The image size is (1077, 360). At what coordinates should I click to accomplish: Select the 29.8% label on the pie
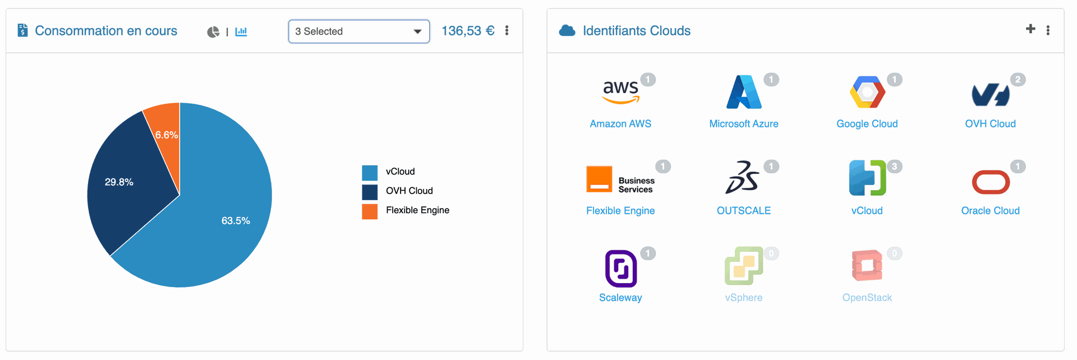point(119,182)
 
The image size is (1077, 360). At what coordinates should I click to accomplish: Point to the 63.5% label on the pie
point(236,221)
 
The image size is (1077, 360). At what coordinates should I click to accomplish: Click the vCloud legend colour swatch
point(370,173)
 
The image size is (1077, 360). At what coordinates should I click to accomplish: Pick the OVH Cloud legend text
point(409,191)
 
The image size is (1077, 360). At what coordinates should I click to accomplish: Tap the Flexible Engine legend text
point(417,210)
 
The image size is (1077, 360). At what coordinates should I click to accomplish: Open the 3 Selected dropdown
point(359,31)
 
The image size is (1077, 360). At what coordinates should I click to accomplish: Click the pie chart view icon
point(213,32)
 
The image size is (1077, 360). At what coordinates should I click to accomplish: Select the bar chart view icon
point(241,31)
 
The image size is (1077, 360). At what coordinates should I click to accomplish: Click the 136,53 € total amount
point(468,31)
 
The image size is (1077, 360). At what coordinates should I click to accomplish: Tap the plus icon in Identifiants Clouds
point(1030,29)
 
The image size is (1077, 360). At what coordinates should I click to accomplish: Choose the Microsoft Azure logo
point(744,92)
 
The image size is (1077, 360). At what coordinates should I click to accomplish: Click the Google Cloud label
point(867,124)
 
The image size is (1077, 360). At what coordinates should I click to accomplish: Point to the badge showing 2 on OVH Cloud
point(1018,80)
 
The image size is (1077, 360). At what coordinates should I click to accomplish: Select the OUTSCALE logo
point(743,177)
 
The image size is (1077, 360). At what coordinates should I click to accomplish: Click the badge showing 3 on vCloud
point(894,167)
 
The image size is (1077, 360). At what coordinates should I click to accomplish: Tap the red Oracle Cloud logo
point(991,182)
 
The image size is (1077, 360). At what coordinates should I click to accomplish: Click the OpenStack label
point(867,298)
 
